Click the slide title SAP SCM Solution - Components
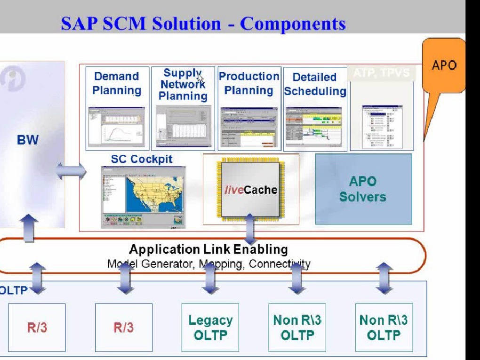pyautogui.click(x=203, y=24)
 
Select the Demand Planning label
pyautogui.click(x=117, y=83)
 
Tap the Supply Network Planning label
pyautogui.click(x=183, y=85)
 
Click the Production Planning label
pyautogui.click(x=249, y=83)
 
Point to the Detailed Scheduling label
pyautogui.click(x=315, y=84)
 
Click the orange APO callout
pyautogui.click(x=443, y=65)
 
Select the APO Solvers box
pyautogui.click(x=363, y=189)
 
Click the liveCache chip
pyautogui.click(x=250, y=190)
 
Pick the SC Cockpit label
pyautogui.click(x=142, y=160)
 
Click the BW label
pyautogui.click(x=28, y=140)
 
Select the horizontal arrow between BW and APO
pyautogui.click(x=71, y=171)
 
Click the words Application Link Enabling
pyautogui.click(x=208, y=249)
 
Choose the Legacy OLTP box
pyautogui.click(x=210, y=328)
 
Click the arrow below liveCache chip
pyautogui.click(x=250, y=230)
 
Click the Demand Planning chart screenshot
pyautogui.click(x=116, y=127)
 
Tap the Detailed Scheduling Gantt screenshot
pyautogui.click(x=313, y=127)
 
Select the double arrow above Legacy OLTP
pyautogui.click(x=210, y=279)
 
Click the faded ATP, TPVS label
pyautogui.click(x=382, y=73)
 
